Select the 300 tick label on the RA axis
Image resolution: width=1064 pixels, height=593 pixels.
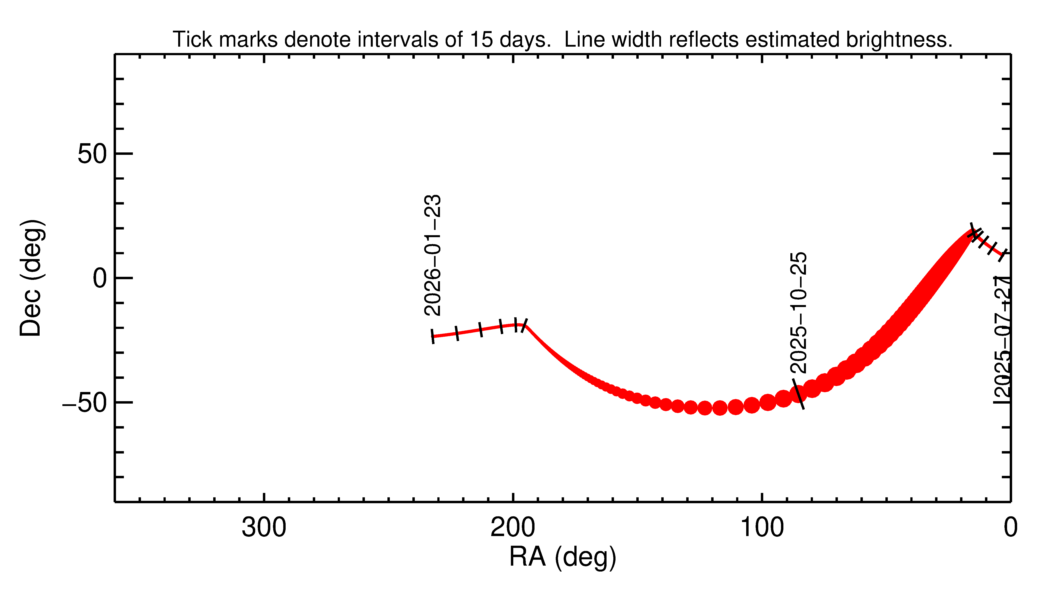click(264, 528)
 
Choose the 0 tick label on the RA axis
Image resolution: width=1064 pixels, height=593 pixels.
click(1010, 528)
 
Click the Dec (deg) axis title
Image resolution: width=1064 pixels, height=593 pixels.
click(31, 278)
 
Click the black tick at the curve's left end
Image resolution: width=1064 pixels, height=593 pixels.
click(433, 336)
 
